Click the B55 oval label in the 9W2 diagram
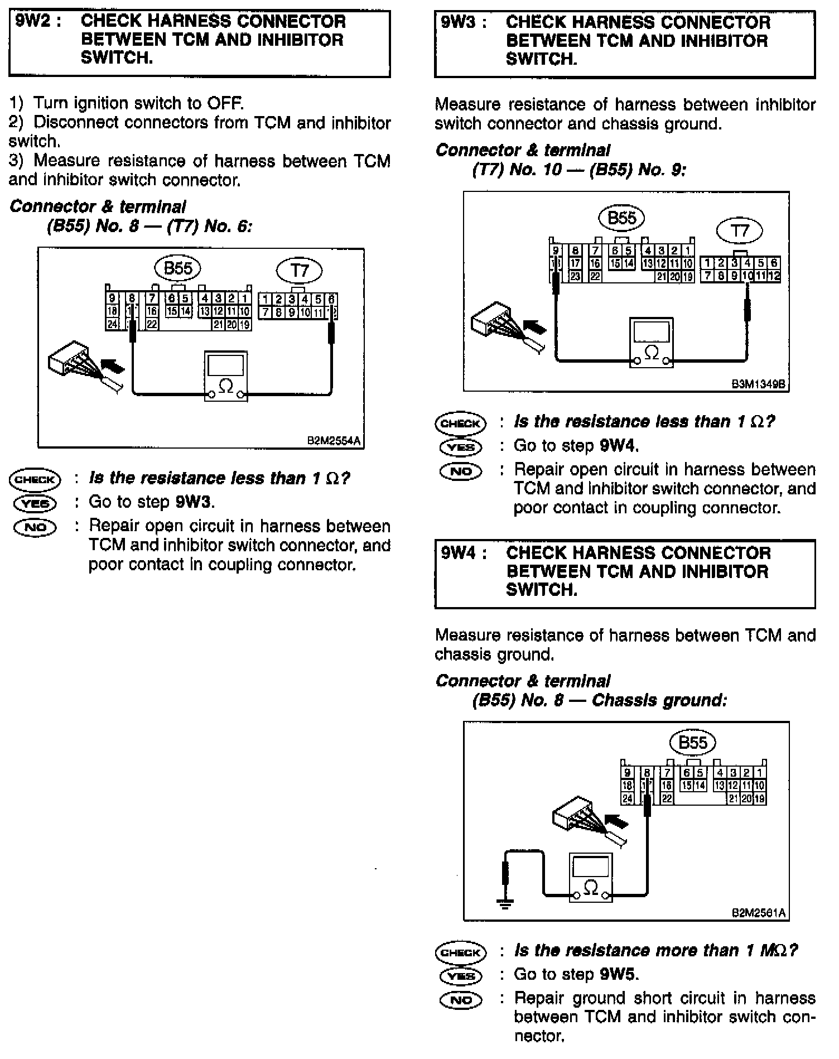pyautogui.click(x=178, y=268)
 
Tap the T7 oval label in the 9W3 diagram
pyautogui.click(x=740, y=230)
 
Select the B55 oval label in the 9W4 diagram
pyautogui.click(x=692, y=743)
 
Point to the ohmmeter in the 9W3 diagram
pyautogui.click(x=651, y=343)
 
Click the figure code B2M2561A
pyautogui.click(x=759, y=913)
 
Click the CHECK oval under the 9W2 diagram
pyautogui.click(x=35, y=479)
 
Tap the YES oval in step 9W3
pyautogui.click(x=460, y=447)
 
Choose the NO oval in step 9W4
pyautogui.click(x=460, y=1000)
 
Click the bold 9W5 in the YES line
pyautogui.click(x=618, y=975)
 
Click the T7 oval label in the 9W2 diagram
pyautogui.click(x=300, y=271)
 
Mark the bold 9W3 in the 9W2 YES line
pyautogui.click(x=194, y=502)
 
